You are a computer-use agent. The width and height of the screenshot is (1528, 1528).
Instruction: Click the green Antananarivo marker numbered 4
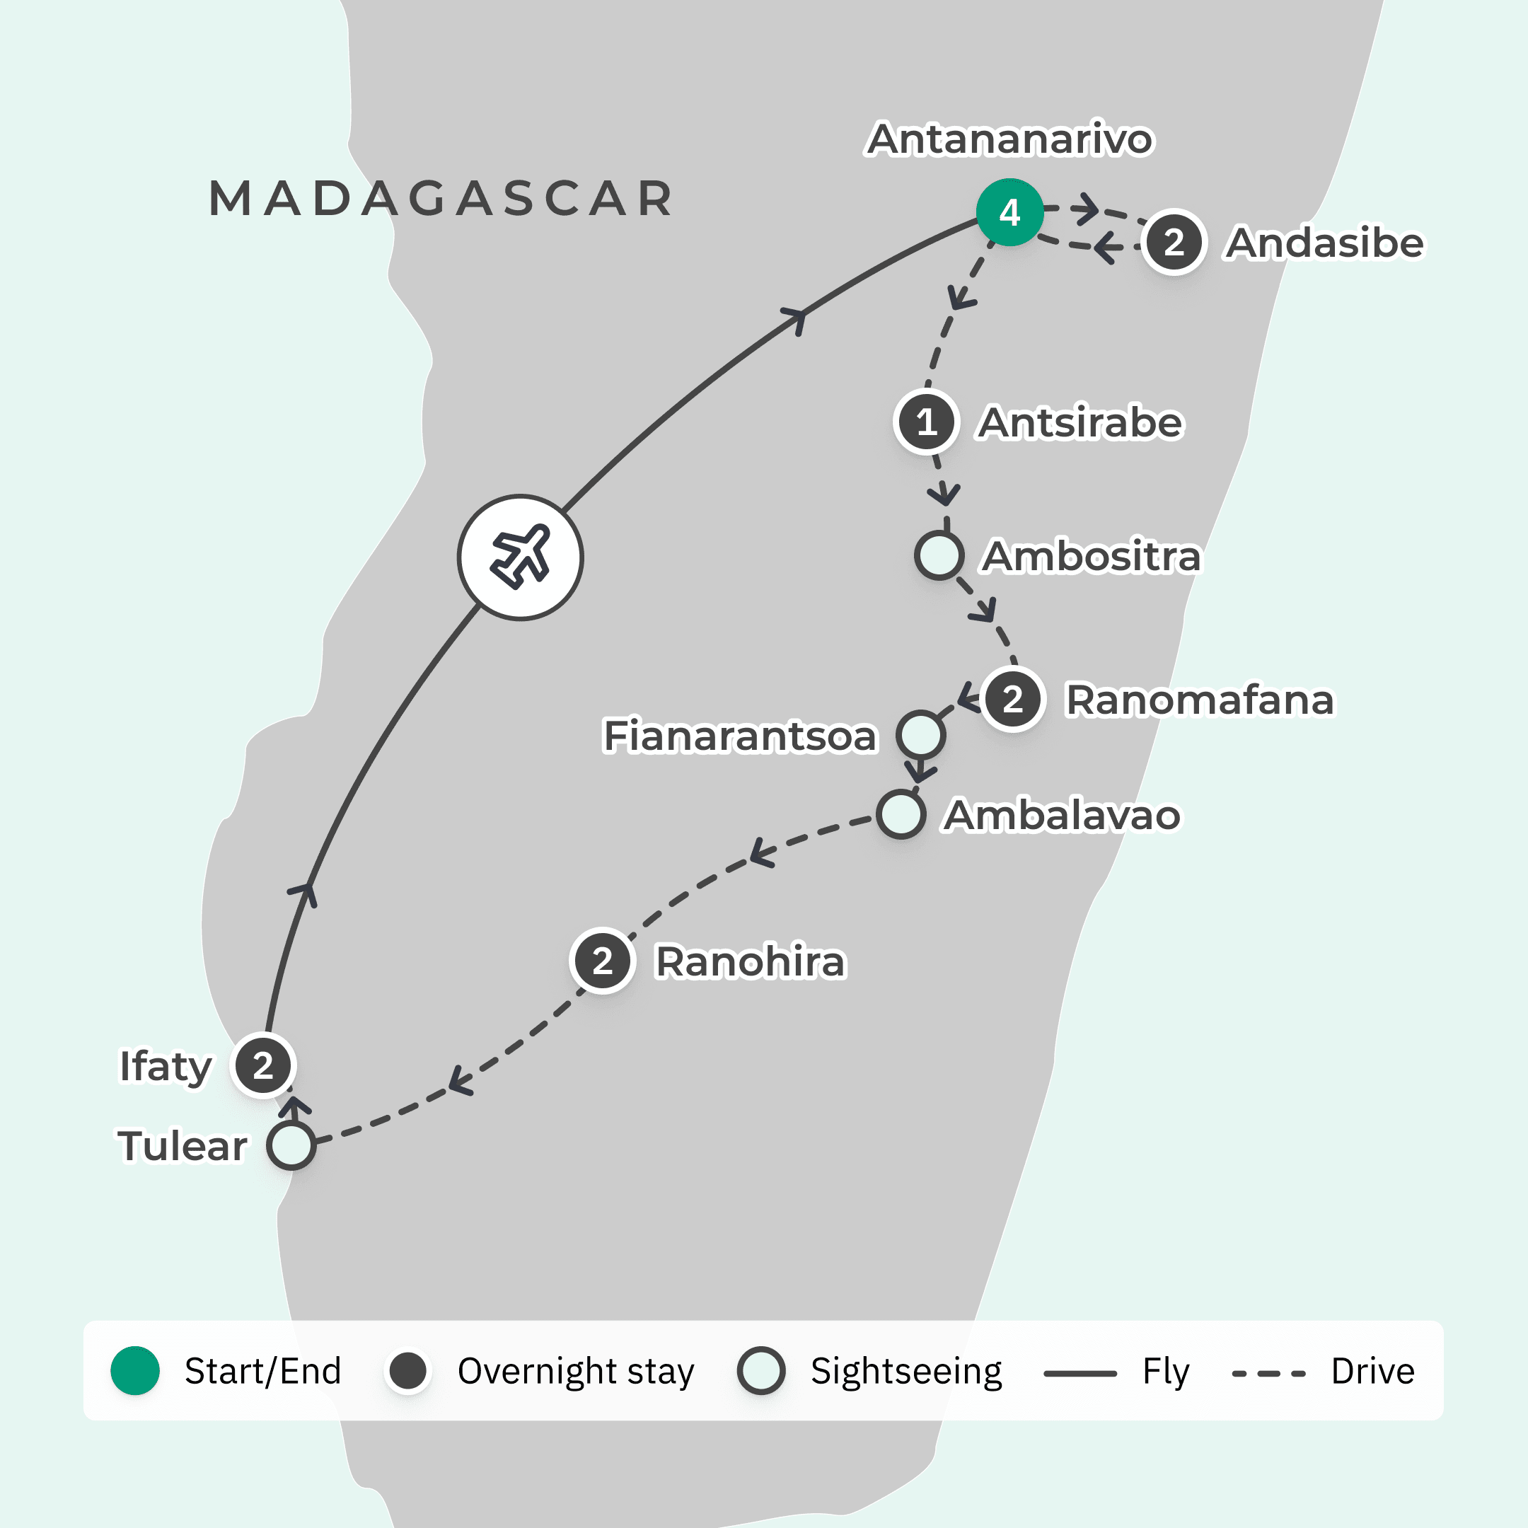(x=1009, y=212)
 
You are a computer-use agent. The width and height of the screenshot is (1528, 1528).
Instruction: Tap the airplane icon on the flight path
(x=521, y=557)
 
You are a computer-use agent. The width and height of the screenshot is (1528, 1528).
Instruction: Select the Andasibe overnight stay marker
(x=1174, y=242)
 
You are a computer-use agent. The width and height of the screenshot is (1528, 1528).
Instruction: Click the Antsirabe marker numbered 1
(x=926, y=422)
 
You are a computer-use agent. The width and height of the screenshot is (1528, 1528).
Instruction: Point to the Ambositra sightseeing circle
(x=939, y=555)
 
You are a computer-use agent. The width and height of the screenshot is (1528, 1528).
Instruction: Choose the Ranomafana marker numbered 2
(x=1012, y=699)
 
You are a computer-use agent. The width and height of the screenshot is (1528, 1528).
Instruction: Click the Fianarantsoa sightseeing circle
(x=920, y=734)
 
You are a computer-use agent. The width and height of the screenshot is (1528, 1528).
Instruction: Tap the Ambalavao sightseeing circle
(x=901, y=814)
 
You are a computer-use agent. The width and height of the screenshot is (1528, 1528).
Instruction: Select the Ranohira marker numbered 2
(x=602, y=961)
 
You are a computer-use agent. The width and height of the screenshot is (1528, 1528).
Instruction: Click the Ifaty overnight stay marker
(x=263, y=1065)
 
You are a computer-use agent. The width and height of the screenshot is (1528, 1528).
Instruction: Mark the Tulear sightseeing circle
(x=291, y=1145)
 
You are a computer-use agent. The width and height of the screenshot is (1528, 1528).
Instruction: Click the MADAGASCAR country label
(x=441, y=198)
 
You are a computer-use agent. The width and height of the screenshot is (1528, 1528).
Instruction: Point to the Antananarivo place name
(x=1010, y=139)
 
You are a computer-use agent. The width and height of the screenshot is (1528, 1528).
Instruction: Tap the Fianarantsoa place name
(x=740, y=736)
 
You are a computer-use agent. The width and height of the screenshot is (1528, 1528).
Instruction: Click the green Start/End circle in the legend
(x=135, y=1371)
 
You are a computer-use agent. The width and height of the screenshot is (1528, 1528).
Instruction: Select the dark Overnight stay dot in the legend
(x=408, y=1371)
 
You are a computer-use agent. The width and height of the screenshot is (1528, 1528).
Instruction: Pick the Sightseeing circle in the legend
(x=761, y=1371)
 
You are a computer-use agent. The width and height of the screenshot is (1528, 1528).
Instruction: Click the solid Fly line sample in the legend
(x=1080, y=1374)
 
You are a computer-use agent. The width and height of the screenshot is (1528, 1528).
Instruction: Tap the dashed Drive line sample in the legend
(x=1268, y=1374)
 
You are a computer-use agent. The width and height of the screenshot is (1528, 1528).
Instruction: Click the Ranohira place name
(x=751, y=962)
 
